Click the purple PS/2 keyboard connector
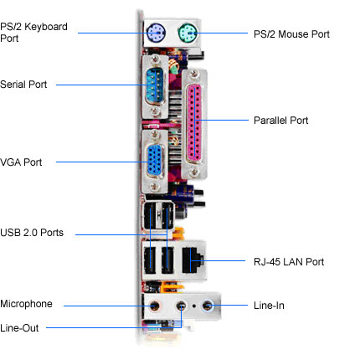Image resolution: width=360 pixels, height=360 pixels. (156, 33)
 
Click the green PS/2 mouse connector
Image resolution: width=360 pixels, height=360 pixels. (188, 33)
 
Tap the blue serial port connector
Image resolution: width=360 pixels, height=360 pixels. (155, 85)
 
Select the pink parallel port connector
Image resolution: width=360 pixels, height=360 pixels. (195, 123)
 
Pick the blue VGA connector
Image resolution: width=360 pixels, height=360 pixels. (155, 160)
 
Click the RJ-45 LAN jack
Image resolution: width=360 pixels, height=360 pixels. (193, 260)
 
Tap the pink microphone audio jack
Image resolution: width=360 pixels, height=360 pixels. (154, 306)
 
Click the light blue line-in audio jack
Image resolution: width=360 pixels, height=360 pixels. (208, 306)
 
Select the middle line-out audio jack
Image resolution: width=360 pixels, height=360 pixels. (182, 306)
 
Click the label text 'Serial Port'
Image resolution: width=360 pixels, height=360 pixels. (23, 85)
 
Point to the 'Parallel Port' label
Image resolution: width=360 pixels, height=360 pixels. (280, 121)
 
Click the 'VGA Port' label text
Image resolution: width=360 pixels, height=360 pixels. (21, 162)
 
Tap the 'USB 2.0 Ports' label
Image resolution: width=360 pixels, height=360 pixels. (32, 233)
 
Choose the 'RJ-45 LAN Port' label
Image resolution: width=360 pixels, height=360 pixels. (289, 262)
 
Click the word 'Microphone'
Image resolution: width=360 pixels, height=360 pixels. (26, 304)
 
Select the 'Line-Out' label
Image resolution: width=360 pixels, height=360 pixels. (19, 328)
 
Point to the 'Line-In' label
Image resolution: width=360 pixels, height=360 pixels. (269, 306)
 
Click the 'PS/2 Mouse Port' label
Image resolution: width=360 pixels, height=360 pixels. (291, 34)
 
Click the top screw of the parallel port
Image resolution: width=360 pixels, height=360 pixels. (194, 75)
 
